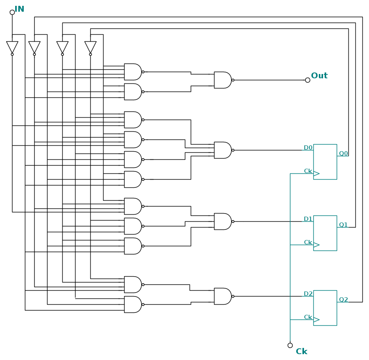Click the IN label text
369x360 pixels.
pos(19,9)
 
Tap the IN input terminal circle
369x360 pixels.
pos(12,12)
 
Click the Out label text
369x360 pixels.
pos(319,76)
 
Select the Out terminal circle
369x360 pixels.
pos(307,80)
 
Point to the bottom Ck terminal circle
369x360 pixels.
pos(290,345)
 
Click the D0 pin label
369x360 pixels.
pos(308,148)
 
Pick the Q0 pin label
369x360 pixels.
pos(343,154)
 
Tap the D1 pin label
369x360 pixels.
pos(308,219)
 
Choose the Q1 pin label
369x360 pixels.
pos(343,225)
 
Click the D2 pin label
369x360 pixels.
pos(308,294)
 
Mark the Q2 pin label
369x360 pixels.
pos(343,300)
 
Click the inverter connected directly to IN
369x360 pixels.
pos(12,47)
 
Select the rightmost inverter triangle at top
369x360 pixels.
pos(90,47)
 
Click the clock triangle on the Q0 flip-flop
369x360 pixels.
pos(316,173)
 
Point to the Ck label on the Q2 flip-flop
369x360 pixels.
pos(308,317)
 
